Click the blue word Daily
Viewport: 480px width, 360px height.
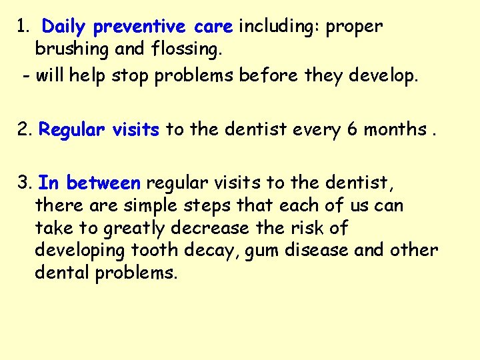click(65, 27)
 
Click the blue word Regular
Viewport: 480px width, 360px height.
click(70, 129)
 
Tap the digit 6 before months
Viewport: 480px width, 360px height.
click(351, 129)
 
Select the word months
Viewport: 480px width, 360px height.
click(395, 129)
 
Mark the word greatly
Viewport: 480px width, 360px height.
click(133, 228)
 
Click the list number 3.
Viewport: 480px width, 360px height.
click(24, 183)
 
